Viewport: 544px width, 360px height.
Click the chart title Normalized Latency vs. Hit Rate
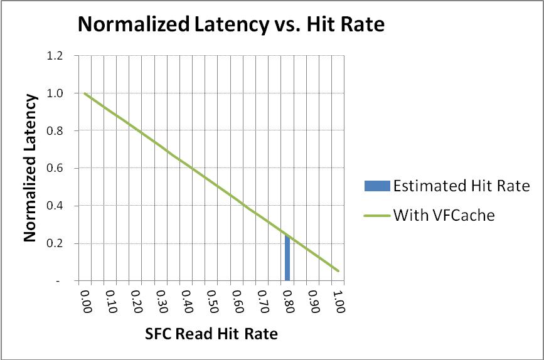[x=230, y=25]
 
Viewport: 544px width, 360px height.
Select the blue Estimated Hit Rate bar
[x=287, y=258]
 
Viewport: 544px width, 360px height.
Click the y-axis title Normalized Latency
[x=29, y=167]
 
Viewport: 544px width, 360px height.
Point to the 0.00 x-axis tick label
[x=85, y=302]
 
